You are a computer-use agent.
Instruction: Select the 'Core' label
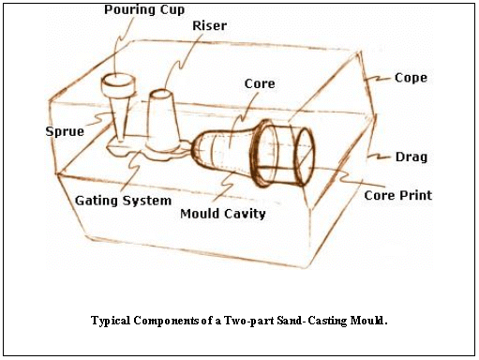click(x=259, y=84)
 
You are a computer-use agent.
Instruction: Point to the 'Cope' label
click(x=411, y=78)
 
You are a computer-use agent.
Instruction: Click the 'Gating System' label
click(x=123, y=200)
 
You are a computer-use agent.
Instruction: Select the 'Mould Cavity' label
click(x=222, y=214)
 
